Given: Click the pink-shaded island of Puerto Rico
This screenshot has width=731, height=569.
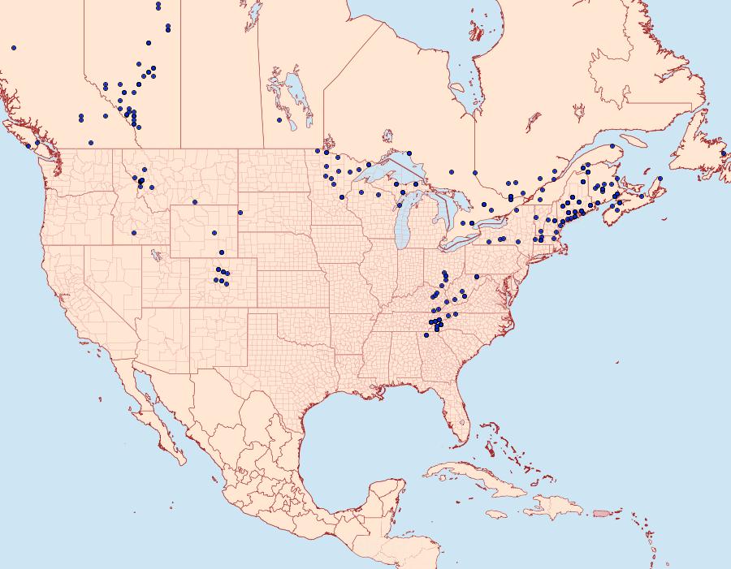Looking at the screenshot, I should (x=602, y=512).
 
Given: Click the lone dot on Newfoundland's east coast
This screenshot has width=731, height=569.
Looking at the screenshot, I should (x=724, y=153).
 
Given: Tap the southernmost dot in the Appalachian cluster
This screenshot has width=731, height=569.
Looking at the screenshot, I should (x=426, y=335).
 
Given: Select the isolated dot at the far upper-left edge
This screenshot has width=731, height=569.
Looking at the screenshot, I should (x=14, y=48).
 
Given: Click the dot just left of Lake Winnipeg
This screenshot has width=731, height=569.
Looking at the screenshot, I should (x=279, y=120).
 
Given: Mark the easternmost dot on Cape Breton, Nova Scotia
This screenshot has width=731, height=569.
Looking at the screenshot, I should (x=660, y=179).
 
